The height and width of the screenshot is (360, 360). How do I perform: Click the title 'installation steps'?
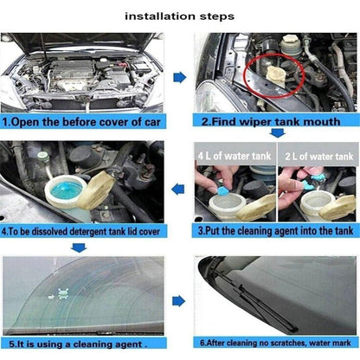coord(180,16)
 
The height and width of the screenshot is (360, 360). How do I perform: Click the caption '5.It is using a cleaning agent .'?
coord(75,344)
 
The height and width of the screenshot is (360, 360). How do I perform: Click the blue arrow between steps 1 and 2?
coord(179,77)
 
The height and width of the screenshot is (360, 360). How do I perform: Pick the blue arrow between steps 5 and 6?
coord(179,300)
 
